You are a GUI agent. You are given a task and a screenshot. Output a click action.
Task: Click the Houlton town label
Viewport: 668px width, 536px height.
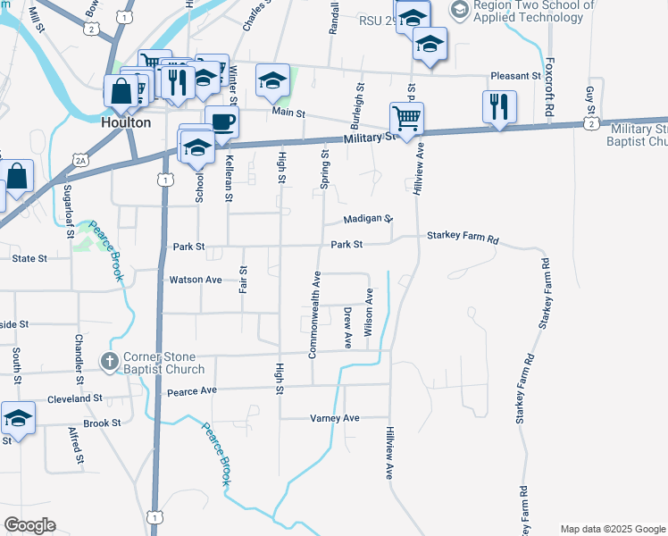pyautogui.click(x=126, y=122)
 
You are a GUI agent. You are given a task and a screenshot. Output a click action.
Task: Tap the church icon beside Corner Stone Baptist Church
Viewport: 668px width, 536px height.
pyautogui.click(x=108, y=362)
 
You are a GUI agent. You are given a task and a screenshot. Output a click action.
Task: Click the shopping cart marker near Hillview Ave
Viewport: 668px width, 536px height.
pyautogui.click(x=406, y=118)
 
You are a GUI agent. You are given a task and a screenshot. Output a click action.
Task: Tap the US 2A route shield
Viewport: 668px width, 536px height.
pyautogui.click(x=81, y=161)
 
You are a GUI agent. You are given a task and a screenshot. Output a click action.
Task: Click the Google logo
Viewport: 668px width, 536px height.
pyautogui.click(x=30, y=525)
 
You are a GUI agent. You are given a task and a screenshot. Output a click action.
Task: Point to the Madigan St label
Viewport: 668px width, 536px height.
pyautogui.click(x=368, y=219)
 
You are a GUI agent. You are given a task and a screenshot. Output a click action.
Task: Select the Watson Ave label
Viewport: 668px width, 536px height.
pyautogui.click(x=196, y=280)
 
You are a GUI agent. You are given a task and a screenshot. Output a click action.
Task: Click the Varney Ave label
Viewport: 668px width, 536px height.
pyautogui.click(x=334, y=418)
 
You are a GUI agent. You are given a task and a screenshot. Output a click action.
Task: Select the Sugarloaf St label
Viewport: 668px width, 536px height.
pyautogui.click(x=70, y=211)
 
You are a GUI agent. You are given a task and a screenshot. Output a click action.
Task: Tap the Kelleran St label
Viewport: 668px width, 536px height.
pyautogui.click(x=230, y=178)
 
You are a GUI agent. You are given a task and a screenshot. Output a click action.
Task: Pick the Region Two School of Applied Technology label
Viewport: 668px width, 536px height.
pyautogui.click(x=534, y=11)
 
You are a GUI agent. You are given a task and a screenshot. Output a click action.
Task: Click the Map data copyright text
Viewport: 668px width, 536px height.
pyautogui.click(x=612, y=529)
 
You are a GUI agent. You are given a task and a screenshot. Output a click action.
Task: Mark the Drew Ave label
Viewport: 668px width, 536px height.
pyautogui.click(x=347, y=327)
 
